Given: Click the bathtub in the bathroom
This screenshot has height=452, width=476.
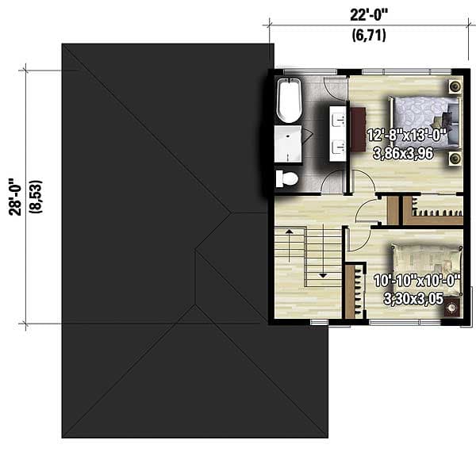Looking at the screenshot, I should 288,101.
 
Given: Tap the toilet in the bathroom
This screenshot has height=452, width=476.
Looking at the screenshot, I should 286,178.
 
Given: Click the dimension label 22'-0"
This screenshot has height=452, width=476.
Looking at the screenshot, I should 367,13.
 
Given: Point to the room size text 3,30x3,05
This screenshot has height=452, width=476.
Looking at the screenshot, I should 410,299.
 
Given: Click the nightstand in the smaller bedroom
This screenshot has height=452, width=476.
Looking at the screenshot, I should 453,306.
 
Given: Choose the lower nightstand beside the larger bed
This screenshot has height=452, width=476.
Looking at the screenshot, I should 455,159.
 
